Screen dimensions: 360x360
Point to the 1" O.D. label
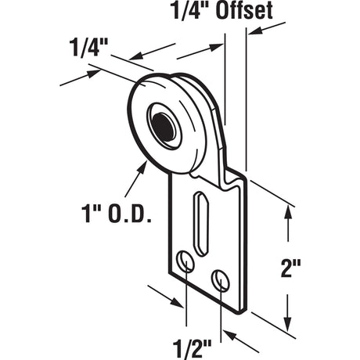117,212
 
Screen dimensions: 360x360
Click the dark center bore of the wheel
165,125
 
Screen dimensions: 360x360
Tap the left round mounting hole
185,262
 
